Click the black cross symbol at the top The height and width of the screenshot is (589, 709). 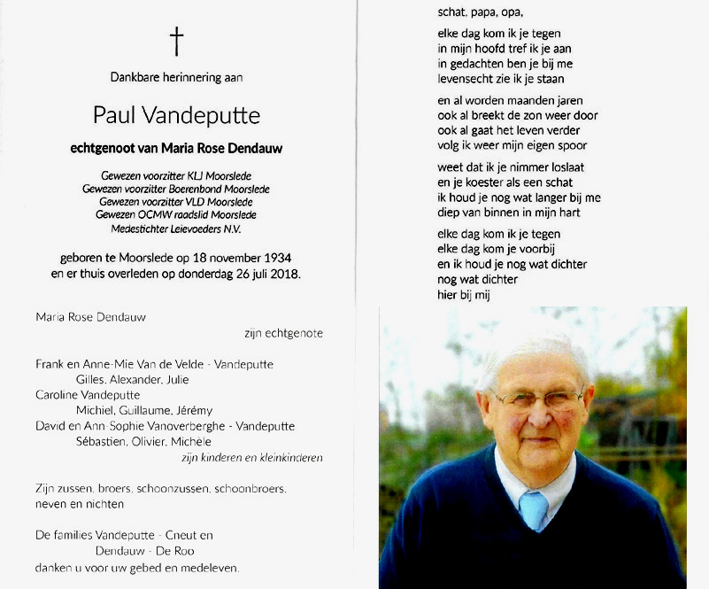(177, 41)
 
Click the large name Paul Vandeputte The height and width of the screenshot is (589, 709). (177, 116)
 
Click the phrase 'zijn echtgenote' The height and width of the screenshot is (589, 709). (283, 334)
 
